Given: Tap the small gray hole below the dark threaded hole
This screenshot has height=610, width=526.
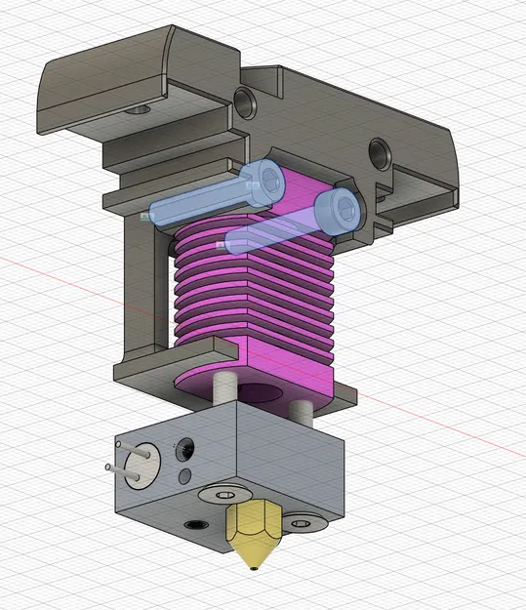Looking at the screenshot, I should pyautogui.click(x=184, y=476).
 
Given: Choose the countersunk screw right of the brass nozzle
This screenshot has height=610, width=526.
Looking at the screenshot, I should pyautogui.click(x=307, y=525).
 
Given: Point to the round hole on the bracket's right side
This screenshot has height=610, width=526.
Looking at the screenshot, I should pyautogui.click(x=376, y=150).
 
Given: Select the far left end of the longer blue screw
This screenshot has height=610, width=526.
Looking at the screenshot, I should pyautogui.click(x=146, y=216).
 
